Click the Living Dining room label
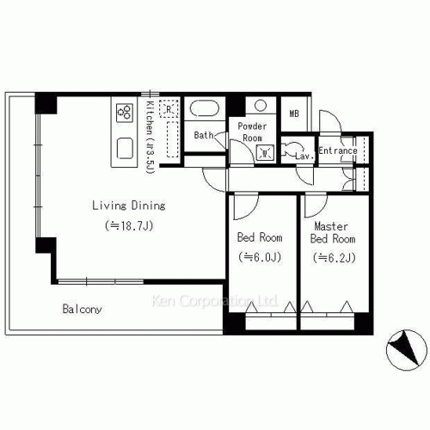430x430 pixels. tap(129, 206)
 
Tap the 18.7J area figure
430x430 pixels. tap(129, 226)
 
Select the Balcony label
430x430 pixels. tap(82, 309)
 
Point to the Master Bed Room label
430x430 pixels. tap(333, 232)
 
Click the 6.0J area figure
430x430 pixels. tap(260, 257)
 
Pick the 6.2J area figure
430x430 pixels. tap(335, 258)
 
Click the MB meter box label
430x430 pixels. tap(294, 114)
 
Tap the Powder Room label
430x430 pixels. tap(252, 132)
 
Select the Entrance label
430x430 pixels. tap(338, 150)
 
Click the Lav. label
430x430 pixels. tap(304, 157)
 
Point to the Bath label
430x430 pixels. tap(204, 135)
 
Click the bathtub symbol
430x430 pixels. tap(205, 108)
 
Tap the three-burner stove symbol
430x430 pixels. tap(125, 113)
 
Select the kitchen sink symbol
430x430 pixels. tap(125, 148)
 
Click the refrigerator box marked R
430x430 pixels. tap(169, 109)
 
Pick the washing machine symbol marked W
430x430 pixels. tap(265, 153)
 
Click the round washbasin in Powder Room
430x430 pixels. tap(261, 105)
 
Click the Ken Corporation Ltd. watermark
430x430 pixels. tap(215, 301)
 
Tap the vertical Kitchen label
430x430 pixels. tap(150, 137)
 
